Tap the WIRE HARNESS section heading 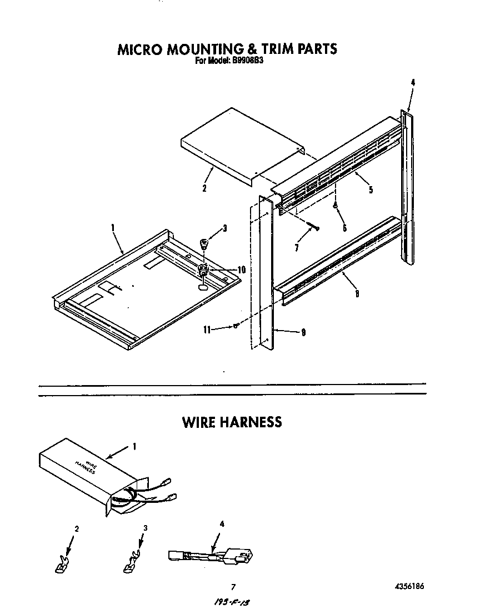pos(232,422)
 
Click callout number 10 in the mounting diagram pos(241,269)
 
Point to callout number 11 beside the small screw pos(207,329)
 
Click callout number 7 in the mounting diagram pos(297,248)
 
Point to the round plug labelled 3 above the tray pos(204,243)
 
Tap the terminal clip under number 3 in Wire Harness pos(130,566)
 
